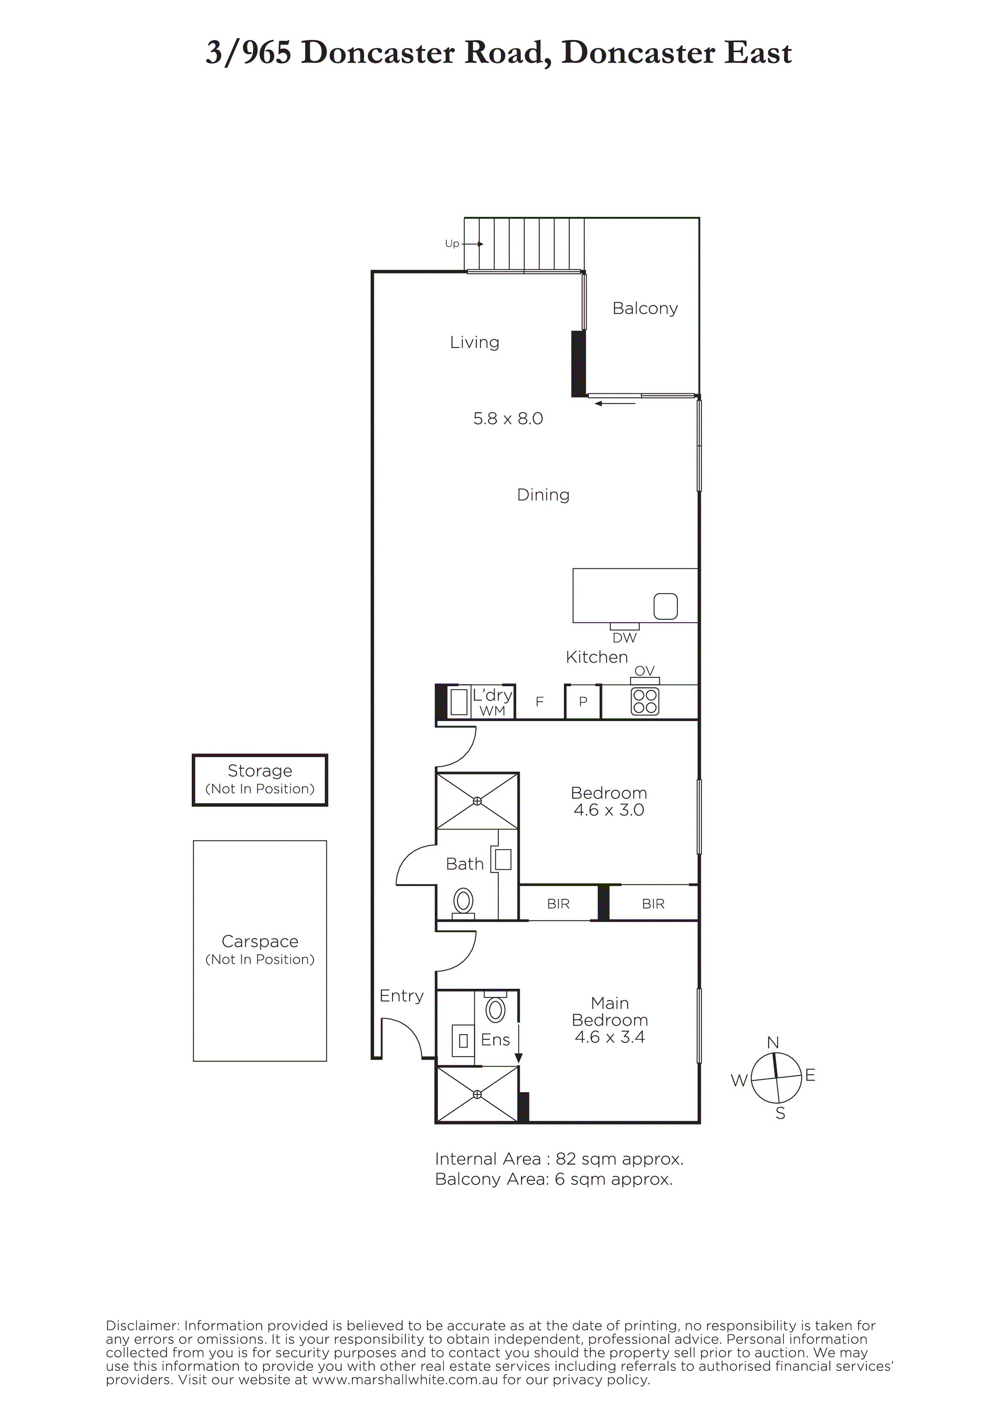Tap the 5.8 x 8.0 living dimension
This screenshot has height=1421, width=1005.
[508, 418]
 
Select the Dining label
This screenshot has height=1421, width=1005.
[543, 495]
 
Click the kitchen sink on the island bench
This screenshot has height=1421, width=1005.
[666, 606]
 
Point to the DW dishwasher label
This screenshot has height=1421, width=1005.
[624, 638]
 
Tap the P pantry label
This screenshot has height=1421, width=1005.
[583, 702]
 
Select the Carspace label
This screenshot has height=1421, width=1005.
[260, 941]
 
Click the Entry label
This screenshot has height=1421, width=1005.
[401, 996]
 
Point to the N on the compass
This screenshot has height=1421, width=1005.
[773, 1043]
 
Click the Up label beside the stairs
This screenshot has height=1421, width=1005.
[452, 244]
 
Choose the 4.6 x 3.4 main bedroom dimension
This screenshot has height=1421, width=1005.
[610, 1037]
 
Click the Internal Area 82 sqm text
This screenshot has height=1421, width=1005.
[559, 1159]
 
